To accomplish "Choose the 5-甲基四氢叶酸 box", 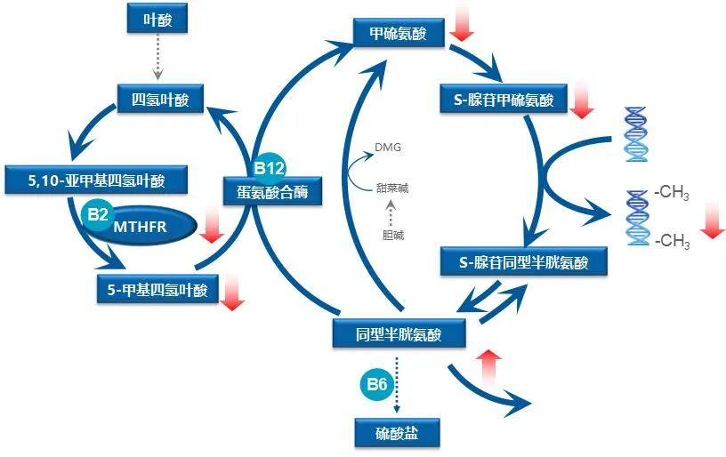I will click(x=156, y=288).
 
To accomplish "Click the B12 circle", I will click(x=269, y=167).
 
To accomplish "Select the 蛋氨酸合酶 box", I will click(x=271, y=189).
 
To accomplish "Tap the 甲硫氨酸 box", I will click(x=398, y=34).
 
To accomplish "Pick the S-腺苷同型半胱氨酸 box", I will click(x=525, y=262).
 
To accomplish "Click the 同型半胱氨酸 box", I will click(x=398, y=333).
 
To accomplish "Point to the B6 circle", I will click(x=375, y=384).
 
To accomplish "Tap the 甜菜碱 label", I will click(x=392, y=188).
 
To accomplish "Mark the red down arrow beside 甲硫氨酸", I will click(x=463, y=21).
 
